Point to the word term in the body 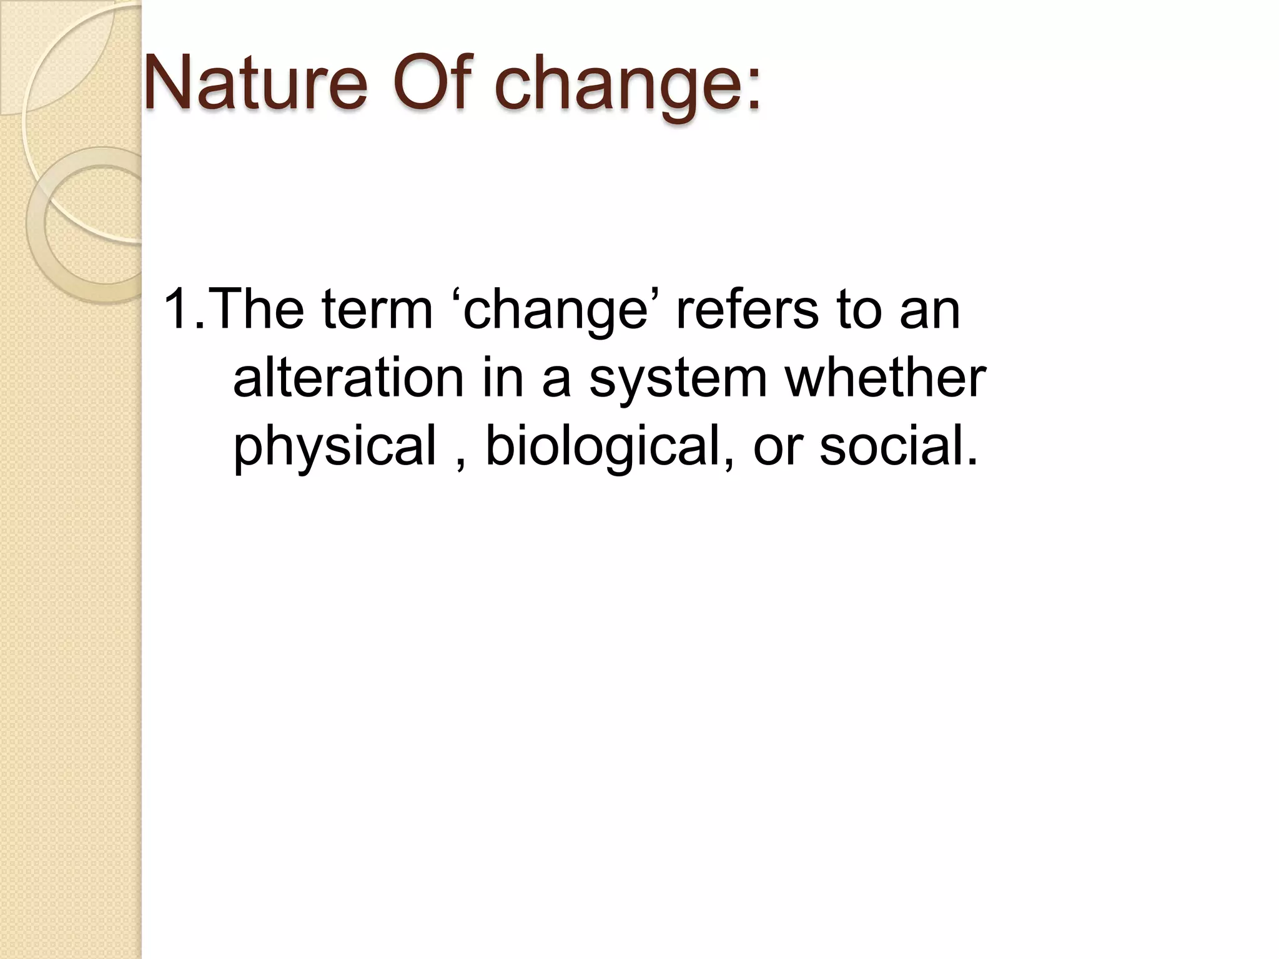point(377,310)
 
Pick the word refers point(747,310)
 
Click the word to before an point(859,311)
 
